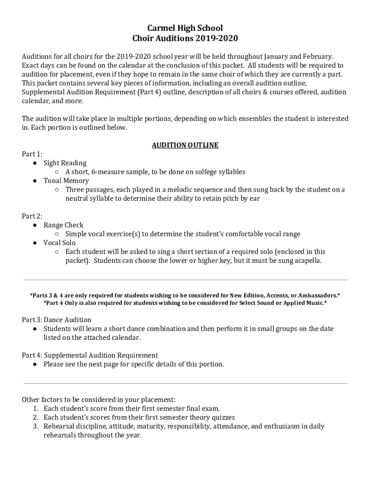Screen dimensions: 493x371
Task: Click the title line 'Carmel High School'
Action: click(185, 28)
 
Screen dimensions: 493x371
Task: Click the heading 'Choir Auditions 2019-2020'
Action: click(185, 39)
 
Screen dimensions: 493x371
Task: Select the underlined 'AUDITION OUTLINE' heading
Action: click(185, 145)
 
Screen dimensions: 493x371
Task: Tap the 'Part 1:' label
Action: click(32, 154)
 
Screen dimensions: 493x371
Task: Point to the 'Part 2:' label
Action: click(32, 216)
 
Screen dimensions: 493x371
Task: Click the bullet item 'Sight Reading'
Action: click(65, 163)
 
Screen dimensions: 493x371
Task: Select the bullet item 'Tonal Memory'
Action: click(66, 181)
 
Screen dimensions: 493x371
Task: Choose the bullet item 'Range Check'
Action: click(63, 225)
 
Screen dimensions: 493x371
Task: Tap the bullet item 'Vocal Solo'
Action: click(59, 243)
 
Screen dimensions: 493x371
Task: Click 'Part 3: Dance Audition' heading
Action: click(56, 320)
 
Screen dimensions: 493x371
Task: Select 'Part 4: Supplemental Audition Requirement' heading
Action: click(90, 355)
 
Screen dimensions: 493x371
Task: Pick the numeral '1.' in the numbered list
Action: click(36, 408)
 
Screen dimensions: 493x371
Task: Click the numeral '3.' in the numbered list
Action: click(36, 426)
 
